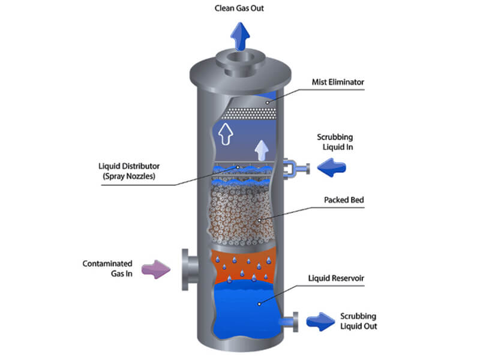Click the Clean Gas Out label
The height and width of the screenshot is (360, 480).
[239, 8]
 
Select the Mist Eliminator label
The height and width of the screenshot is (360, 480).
[338, 82]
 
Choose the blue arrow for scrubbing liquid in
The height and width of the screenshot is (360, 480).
[332, 169]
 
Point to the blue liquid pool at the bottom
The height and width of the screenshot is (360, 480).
[246, 306]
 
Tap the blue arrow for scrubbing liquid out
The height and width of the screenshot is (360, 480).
[320, 321]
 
